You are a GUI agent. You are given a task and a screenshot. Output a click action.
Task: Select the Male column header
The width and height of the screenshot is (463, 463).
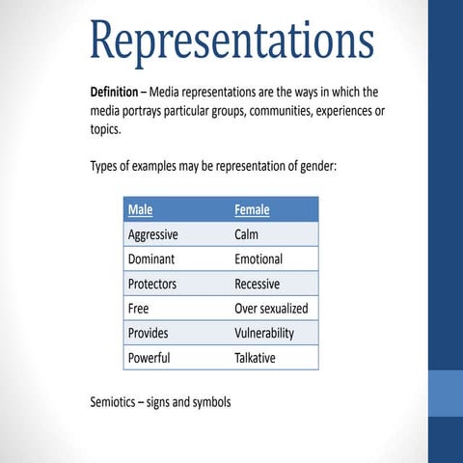pos(140,209)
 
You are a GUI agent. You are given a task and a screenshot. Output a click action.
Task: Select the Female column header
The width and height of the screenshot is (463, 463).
pos(252,209)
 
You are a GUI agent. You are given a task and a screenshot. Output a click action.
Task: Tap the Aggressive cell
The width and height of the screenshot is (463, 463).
pos(152,234)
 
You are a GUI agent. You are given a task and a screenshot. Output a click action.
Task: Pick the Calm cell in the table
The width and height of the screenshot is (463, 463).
pos(246,234)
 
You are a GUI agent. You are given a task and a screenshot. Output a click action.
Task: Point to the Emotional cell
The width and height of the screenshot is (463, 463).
pos(259,259)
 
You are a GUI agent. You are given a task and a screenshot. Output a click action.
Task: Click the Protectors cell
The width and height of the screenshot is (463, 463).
pos(152,285)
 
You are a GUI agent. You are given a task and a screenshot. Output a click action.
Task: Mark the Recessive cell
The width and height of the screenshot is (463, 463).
pos(257,285)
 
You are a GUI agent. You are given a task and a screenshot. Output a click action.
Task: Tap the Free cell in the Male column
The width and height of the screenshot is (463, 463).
pos(138,309)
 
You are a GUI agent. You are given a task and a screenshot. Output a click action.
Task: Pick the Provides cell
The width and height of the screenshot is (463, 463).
pos(148,334)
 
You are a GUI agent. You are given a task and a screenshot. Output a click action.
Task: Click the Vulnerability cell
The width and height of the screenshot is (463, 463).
pos(264,334)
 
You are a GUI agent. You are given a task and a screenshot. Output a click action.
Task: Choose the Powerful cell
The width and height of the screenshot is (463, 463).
pos(149,358)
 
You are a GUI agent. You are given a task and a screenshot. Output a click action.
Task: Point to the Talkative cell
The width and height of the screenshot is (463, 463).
pos(255,358)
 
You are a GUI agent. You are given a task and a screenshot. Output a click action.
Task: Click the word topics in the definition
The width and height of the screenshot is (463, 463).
pos(106,130)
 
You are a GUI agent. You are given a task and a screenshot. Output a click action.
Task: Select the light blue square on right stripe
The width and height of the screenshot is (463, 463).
pos(446,391)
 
